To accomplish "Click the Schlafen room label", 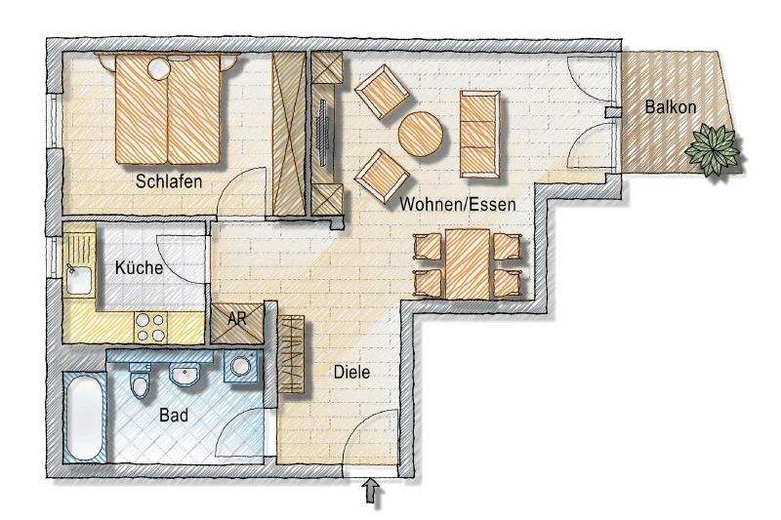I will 169,180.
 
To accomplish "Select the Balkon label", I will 670,107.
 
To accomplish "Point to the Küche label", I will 139,267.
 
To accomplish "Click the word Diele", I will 352,372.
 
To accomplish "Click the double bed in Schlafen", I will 168,107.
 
